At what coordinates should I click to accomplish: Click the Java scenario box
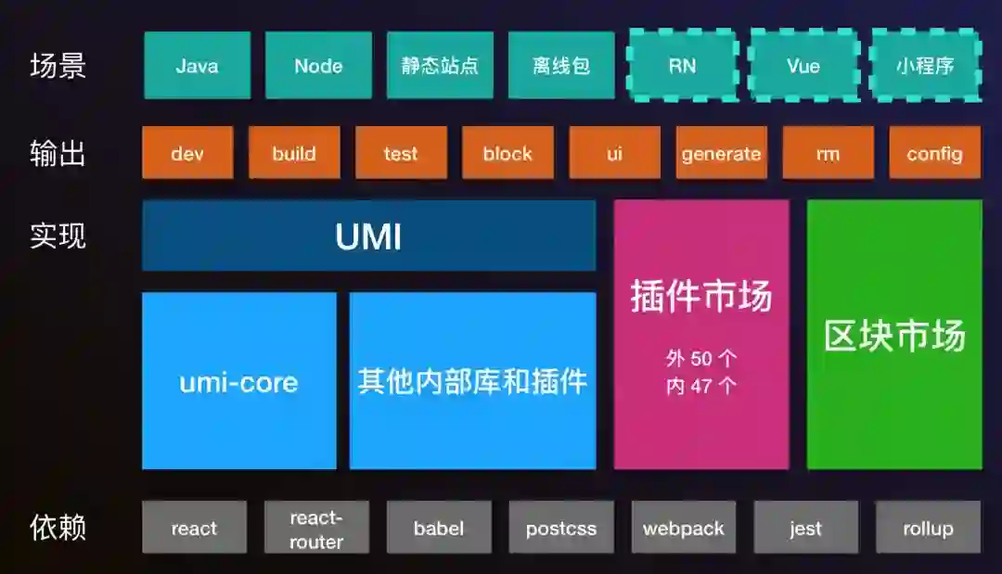coord(197,65)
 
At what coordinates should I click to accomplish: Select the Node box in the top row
coord(318,65)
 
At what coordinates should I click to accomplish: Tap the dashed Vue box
coord(803,65)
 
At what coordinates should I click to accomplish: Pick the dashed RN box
coord(682,65)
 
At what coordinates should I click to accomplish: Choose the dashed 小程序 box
coord(925,65)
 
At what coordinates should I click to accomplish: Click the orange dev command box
coord(187,153)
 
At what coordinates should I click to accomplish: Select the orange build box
coord(294,153)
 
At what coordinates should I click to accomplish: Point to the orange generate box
coord(721,153)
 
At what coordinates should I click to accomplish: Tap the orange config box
coord(934,153)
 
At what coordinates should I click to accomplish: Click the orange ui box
coord(614,153)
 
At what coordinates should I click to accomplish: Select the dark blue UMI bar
coord(368,236)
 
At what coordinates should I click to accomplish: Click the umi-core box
coord(238,381)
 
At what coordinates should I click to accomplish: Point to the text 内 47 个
coord(701,386)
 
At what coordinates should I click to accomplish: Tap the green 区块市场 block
coord(894,335)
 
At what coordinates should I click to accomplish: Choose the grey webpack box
coord(684,528)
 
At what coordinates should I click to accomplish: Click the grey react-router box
coord(316,528)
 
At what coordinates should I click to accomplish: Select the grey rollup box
coord(928,528)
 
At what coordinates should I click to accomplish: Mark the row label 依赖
coord(58,528)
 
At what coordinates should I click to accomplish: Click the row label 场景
coord(58,66)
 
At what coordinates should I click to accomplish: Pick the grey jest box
coord(805,528)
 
